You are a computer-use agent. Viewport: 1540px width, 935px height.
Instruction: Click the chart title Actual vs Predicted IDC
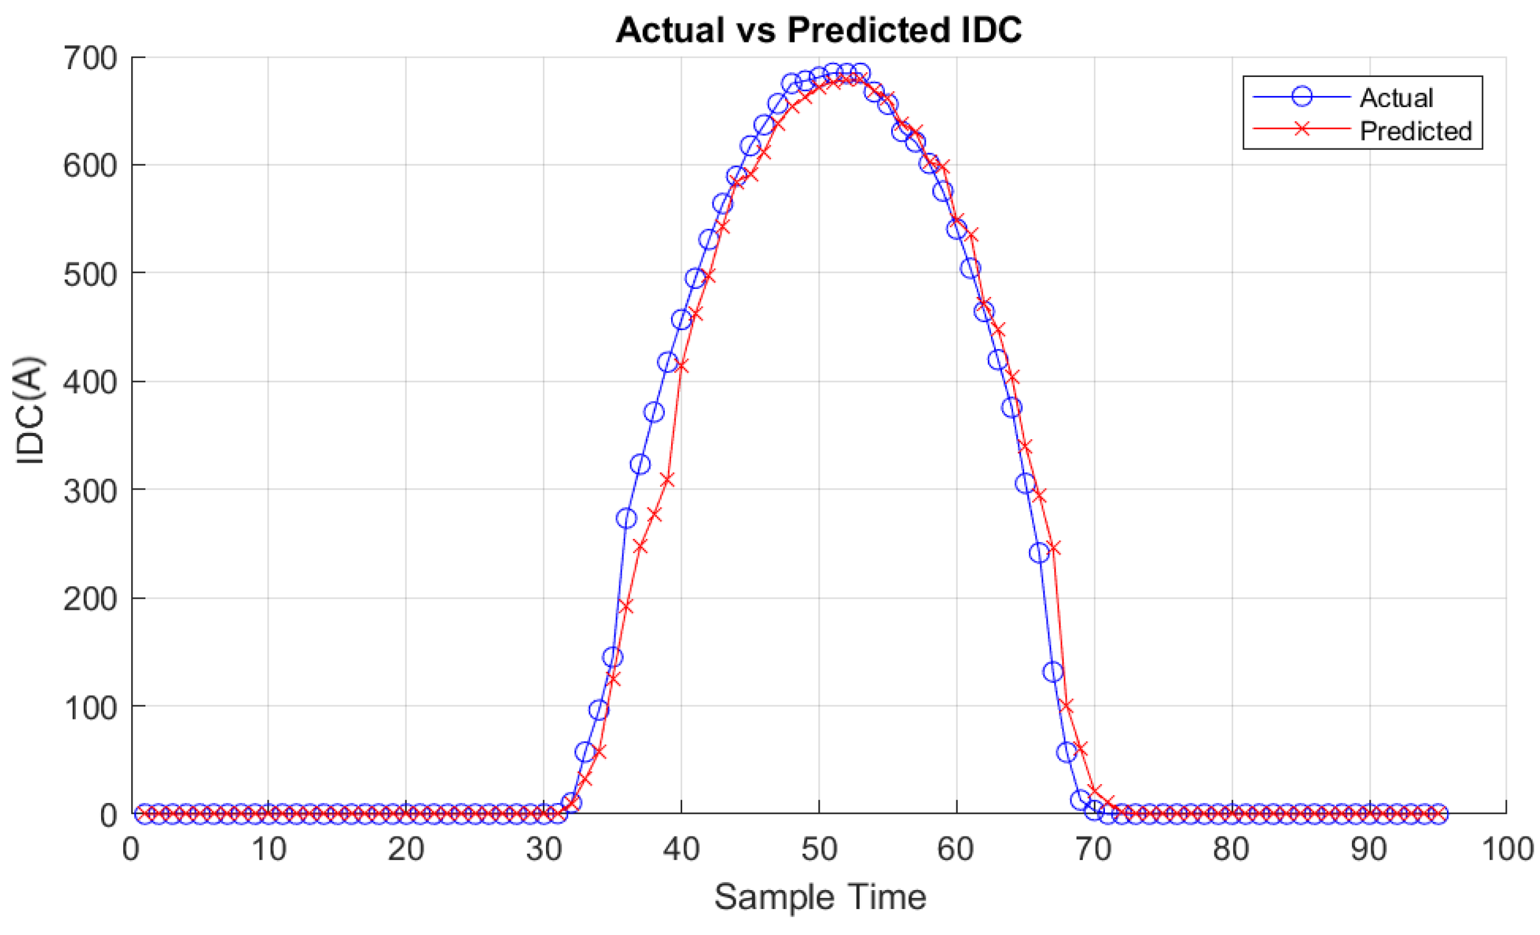tap(819, 30)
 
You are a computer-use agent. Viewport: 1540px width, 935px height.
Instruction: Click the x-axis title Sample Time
tap(820, 897)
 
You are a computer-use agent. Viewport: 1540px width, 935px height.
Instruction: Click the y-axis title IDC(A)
tap(30, 410)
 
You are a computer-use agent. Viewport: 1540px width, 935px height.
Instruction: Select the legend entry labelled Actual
tap(1396, 97)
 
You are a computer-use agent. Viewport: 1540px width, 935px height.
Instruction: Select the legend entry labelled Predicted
tap(1416, 131)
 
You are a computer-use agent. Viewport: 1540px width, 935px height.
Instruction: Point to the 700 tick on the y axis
tap(91, 59)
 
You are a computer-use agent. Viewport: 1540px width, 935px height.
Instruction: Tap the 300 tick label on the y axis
tap(91, 492)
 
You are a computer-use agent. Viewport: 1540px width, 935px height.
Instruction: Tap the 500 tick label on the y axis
tap(91, 275)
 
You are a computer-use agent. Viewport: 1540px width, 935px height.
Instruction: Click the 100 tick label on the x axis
tap(1507, 849)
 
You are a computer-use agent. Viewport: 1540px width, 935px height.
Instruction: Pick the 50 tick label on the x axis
tap(819, 849)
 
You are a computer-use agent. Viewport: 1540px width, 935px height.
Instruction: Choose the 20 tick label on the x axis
tap(405, 849)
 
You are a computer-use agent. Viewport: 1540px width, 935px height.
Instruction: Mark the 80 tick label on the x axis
tap(1231, 849)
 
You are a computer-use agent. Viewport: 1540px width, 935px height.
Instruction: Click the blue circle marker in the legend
tap(1302, 96)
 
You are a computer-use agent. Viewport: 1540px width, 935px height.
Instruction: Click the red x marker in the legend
tap(1302, 129)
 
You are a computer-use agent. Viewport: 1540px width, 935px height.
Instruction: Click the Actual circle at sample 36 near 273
tap(626, 518)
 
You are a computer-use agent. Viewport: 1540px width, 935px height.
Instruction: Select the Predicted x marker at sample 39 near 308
tap(667, 480)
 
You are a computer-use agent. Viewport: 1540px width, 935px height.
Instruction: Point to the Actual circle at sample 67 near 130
tap(1053, 672)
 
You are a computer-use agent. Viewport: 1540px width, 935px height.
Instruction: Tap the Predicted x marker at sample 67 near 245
tap(1053, 548)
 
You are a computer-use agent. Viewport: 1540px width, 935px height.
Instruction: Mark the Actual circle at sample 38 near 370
tap(654, 412)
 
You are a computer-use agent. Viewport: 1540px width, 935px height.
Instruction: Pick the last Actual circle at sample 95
tap(1438, 813)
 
